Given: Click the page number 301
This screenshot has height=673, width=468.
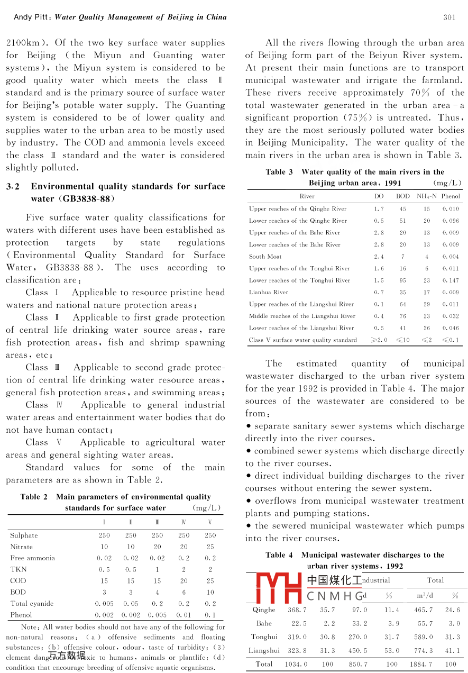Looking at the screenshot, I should [x=449, y=17].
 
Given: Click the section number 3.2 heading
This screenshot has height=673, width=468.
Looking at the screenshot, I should [x=13, y=187].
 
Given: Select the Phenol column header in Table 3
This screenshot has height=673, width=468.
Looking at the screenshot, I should [x=451, y=196].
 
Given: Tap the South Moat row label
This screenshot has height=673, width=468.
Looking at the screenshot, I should [x=265, y=257].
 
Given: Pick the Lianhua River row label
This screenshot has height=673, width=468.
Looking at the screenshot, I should [x=269, y=292].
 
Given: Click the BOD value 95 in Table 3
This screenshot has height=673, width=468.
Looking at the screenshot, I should [x=403, y=280].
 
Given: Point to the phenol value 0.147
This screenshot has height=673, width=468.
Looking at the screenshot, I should [x=451, y=280].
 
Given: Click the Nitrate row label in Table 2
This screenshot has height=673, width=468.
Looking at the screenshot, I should [x=21, y=547].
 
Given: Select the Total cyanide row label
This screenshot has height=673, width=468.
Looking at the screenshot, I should [x=32, y=604].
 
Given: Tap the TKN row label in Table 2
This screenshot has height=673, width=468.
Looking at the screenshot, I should [x=18, y=569].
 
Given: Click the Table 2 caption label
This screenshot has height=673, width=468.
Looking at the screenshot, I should [x=34, y=497].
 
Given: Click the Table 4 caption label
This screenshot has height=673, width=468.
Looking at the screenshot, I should [x=279, y=556].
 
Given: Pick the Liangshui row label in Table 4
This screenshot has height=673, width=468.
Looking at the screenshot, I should [x=264, y=650].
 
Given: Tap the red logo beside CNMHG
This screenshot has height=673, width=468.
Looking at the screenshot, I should [x=278, y=588].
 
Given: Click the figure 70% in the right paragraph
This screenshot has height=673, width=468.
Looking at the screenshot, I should [x=419, y=93].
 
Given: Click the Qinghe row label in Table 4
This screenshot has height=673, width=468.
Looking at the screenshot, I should [x=264, y=610].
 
